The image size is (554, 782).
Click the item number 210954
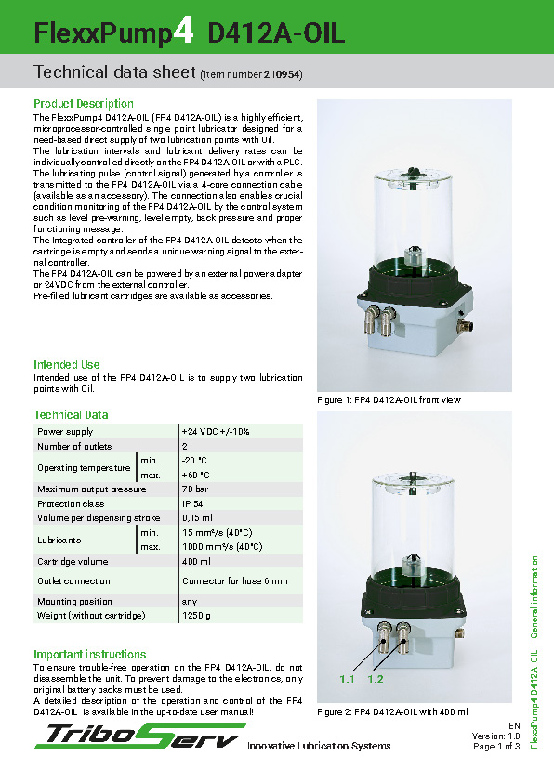tap(283, 73)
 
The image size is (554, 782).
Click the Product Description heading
tap(84, 103)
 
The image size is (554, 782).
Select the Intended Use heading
tap(67, 364)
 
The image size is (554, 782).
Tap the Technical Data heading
tap(71, 414)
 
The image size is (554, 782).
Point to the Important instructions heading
tap(90, 654)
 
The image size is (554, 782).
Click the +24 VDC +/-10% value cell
tap(216, 431)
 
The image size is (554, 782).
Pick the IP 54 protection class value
tap(194, 503)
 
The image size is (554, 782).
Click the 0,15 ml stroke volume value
tap(198, 517)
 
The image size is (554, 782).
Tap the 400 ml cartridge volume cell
tap(197, 561)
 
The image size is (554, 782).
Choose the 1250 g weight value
tap(196, 616)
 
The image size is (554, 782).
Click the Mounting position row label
tap(74, 601)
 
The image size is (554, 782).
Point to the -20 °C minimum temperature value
tap(195, 461)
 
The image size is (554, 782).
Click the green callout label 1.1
tap(348, 679)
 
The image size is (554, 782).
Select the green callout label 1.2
tap(376, 679)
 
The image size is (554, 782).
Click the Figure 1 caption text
tap(389, 399)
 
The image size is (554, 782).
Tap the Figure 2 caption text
tap(392, 711)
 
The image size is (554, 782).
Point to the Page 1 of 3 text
tap(496, 746)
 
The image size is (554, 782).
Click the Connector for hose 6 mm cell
tap(235, 580)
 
